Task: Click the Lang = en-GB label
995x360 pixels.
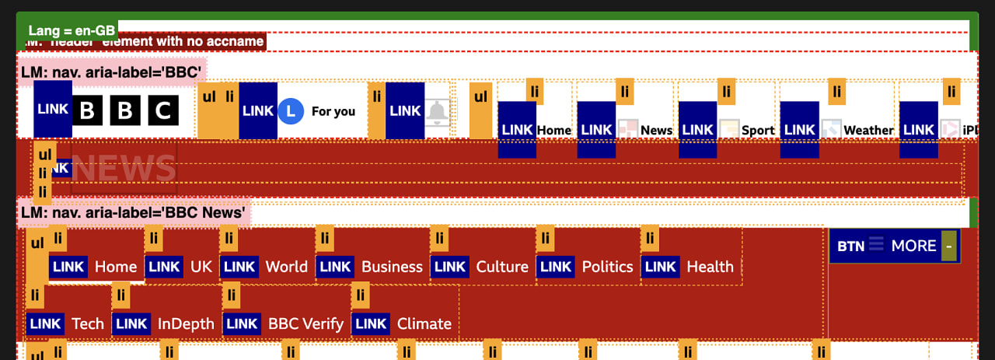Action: click(x=72, y=30)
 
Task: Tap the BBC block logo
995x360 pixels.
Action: click(x=125, y=111)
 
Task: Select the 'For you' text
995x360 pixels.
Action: click(x=333, y=111)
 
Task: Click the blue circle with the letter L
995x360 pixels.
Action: click(x=290, y=111)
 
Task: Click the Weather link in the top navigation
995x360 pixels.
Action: click(x=868, y=130)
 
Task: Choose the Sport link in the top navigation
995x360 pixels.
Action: click(x=757, y=130)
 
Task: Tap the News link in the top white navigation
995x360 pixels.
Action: click(x=656, y=130)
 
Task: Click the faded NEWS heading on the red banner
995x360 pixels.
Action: click(x=124, y=167)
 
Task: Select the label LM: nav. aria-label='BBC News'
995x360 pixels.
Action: click(x=133, y=212)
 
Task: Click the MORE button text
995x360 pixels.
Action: click(x=913, y=246)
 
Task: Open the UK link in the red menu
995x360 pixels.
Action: click(x=201, y=267)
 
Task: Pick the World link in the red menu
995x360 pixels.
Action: click(x=286, y=267)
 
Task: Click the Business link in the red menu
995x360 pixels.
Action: click(x=392, y=267)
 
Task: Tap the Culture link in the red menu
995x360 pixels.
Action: click(x=502, y=267)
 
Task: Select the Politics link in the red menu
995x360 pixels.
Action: click(x=607, y=267)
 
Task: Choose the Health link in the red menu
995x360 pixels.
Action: click(x=710, y=267)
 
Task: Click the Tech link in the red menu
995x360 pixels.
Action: click(x=87, y=323)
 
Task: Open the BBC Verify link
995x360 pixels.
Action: click(x=305, y=323)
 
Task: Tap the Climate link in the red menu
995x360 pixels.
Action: click(x=424, y=323)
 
